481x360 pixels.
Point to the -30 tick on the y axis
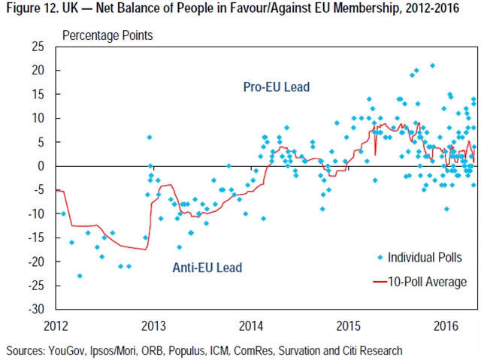coord(38,310)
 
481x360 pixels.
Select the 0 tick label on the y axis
coord(43,166)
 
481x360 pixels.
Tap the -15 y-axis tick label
coord(38,238)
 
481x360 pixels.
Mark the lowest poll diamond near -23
coord(80,276)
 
